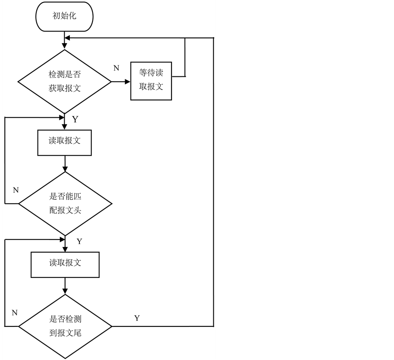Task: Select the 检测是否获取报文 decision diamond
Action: [x=65, y=81]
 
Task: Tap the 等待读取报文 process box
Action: [x=151, y=81]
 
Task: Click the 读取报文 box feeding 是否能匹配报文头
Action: [x=65, y=142]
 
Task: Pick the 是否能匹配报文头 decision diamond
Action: [x=65, y=203]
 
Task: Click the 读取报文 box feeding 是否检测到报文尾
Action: [x=65, y=264]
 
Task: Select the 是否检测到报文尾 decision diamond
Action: [x=65, y=326]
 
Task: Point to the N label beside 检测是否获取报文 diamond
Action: [x=116, y=68]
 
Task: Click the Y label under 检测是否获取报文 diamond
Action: [x=75, y=120]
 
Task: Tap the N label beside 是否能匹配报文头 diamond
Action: [x=16, y=190]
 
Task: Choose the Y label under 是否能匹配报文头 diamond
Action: [x=79, y=241]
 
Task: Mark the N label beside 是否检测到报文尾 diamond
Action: [x=14, y=312]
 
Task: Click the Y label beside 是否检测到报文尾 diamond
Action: [x=137, y=318]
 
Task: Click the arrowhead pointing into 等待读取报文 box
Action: [x=127, y=81]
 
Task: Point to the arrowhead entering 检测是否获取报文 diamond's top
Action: [x=65, y=46]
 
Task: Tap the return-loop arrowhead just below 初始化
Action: [x=68, y=38]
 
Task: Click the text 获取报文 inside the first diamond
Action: [x=65, y=88]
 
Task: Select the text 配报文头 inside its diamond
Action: [x=65, y=210]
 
